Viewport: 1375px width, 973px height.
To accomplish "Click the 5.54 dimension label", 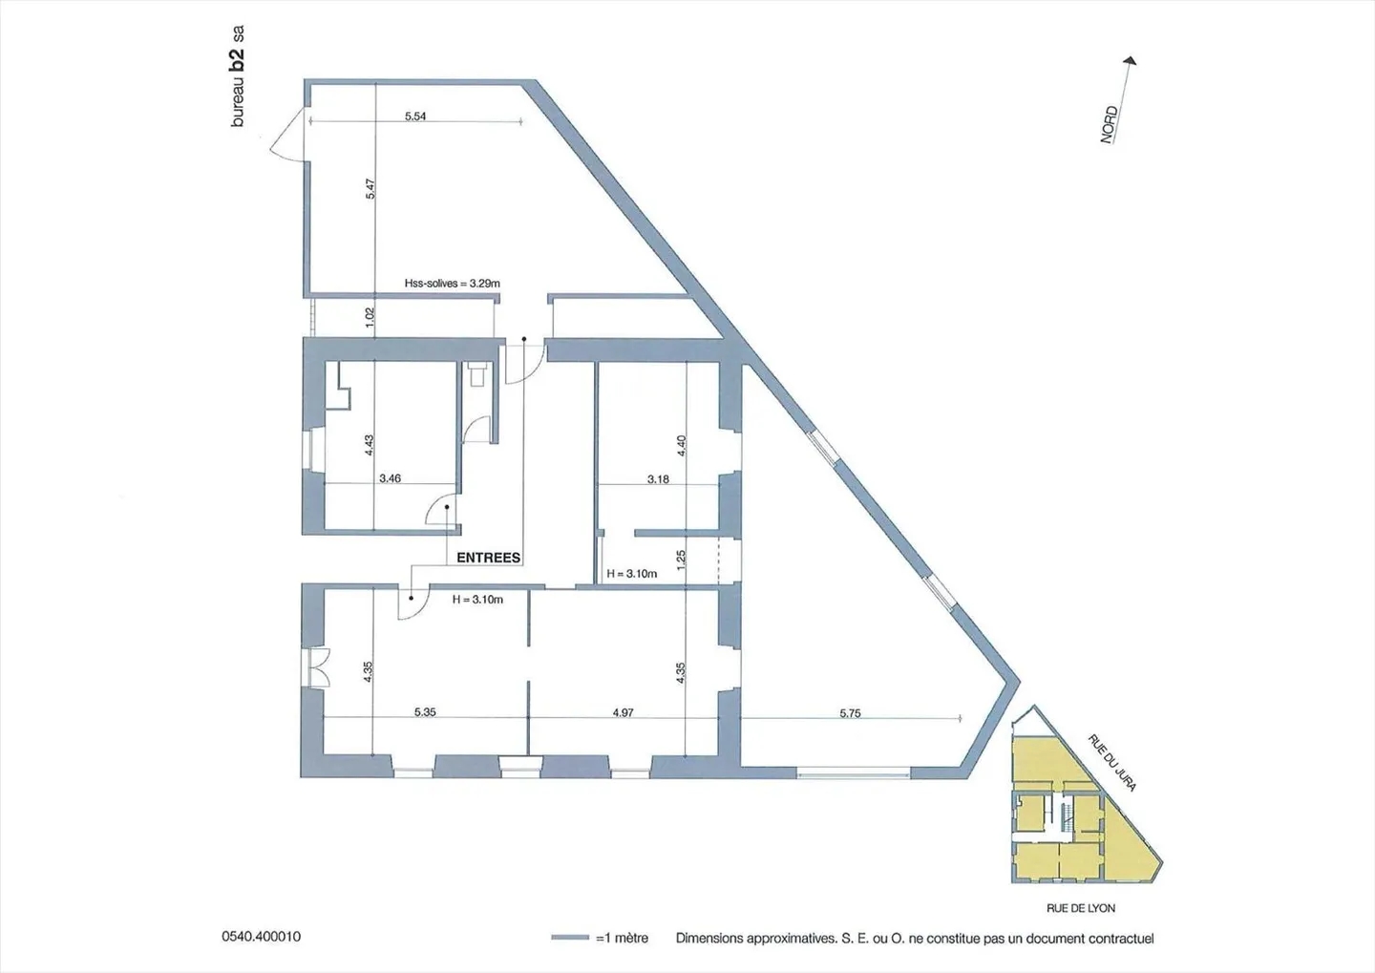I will click(415, 116).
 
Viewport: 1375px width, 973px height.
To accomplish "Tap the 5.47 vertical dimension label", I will click(370, 189).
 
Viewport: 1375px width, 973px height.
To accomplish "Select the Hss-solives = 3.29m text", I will click(452, 284).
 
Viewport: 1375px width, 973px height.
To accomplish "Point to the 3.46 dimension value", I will click(390, 478).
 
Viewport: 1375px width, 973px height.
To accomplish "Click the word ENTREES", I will click(488, 558).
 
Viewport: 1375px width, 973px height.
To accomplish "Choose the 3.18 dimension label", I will click(658, 479).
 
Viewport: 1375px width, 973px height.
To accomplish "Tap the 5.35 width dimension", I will click(425, 712).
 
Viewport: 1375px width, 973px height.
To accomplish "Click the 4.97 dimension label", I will click(623, 712).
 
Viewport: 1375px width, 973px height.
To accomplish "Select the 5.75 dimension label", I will click(850, 713).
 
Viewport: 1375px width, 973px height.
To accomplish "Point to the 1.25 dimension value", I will click(681, 560).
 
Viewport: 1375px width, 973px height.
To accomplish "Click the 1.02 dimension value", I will click(370, 317).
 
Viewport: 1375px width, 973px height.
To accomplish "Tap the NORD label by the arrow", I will click(1109, 125).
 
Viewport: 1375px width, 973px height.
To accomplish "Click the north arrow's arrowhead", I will click(1131, 61).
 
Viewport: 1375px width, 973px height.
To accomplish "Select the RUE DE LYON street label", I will click(1081, 908).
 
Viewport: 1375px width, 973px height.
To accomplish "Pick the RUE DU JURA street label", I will click(1112, 763).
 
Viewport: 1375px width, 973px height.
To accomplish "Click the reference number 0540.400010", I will click(262, 937).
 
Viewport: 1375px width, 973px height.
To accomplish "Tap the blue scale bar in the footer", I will click(570, 938).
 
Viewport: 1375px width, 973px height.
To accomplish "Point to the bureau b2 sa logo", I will click(238, 76).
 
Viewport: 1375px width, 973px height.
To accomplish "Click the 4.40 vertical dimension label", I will click(681, 445).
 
